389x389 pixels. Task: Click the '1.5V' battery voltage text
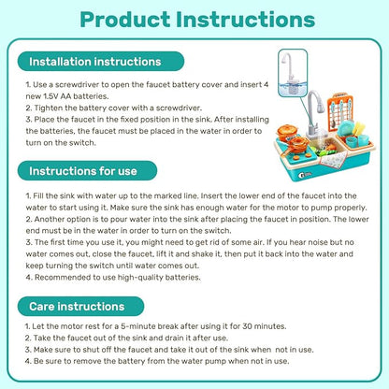[52, 94]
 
